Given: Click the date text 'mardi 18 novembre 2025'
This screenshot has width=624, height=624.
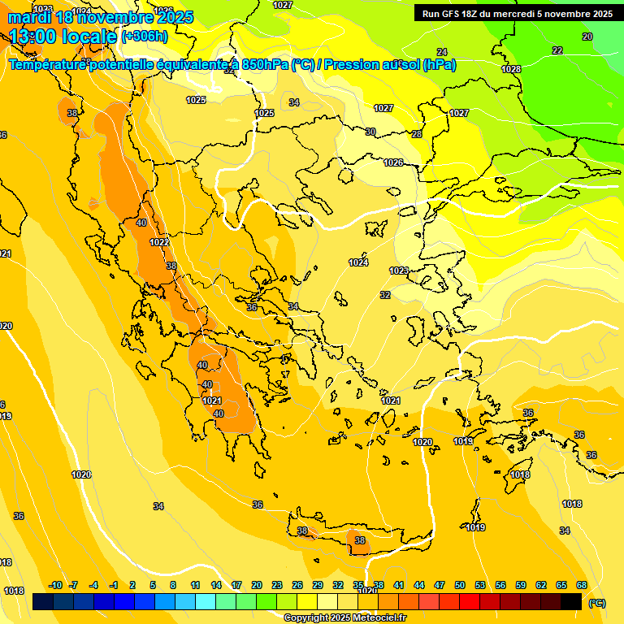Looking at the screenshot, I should point(101,17).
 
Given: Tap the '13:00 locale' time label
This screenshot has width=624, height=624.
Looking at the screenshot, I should point(63,36).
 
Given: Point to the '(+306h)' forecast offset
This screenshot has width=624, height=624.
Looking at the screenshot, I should point(144,37).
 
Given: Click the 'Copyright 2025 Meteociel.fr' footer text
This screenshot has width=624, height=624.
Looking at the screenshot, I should point(344,617).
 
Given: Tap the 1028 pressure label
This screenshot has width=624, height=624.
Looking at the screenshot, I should point(511,69).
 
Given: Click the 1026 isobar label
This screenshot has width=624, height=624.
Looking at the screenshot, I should point(393,162).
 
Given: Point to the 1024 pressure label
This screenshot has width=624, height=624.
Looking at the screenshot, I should point(358,262).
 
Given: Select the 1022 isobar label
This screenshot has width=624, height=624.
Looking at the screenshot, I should point(159,242).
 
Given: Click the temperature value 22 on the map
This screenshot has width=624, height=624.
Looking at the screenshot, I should point(557,50).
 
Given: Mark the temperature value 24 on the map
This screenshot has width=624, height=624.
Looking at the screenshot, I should point(442,188).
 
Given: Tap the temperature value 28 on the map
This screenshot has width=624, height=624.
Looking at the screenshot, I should point(417,134).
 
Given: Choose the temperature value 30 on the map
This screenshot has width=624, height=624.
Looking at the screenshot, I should point(370,132).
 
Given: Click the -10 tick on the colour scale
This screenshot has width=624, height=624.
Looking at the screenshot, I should point(56,585).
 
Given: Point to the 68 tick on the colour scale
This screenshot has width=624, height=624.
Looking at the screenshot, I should point(582,585).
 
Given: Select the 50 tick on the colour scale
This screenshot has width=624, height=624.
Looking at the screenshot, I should point(460,585).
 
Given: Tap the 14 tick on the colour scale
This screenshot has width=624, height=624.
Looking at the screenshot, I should point(216,585).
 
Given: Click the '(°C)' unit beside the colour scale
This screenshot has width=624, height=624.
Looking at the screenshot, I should point(597,603).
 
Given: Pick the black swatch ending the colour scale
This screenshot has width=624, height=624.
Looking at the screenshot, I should point(571,602).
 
